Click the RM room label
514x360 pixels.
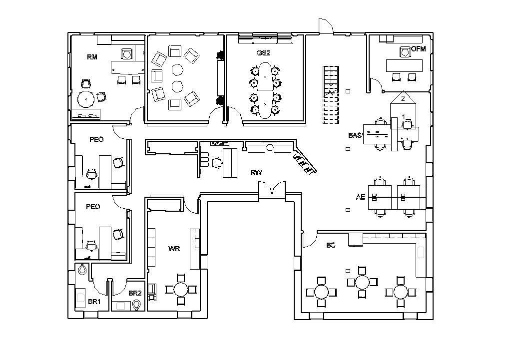[92, 57]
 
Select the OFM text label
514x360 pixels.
[418, 49]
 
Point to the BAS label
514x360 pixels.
[355, 135]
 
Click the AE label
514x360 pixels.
[360, 197]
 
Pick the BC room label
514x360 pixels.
[331, 245]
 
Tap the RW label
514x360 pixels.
[256, 172]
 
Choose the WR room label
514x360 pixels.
[174, 248]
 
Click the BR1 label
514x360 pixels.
[94, 302]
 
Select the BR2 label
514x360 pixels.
[135, 293]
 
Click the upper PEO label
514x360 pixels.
[96, 139]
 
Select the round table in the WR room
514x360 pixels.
[181, 289]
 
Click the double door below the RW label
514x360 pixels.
[271, 189]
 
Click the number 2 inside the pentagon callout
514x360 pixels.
[403, 99]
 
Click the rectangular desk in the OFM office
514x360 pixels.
[404, 65]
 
